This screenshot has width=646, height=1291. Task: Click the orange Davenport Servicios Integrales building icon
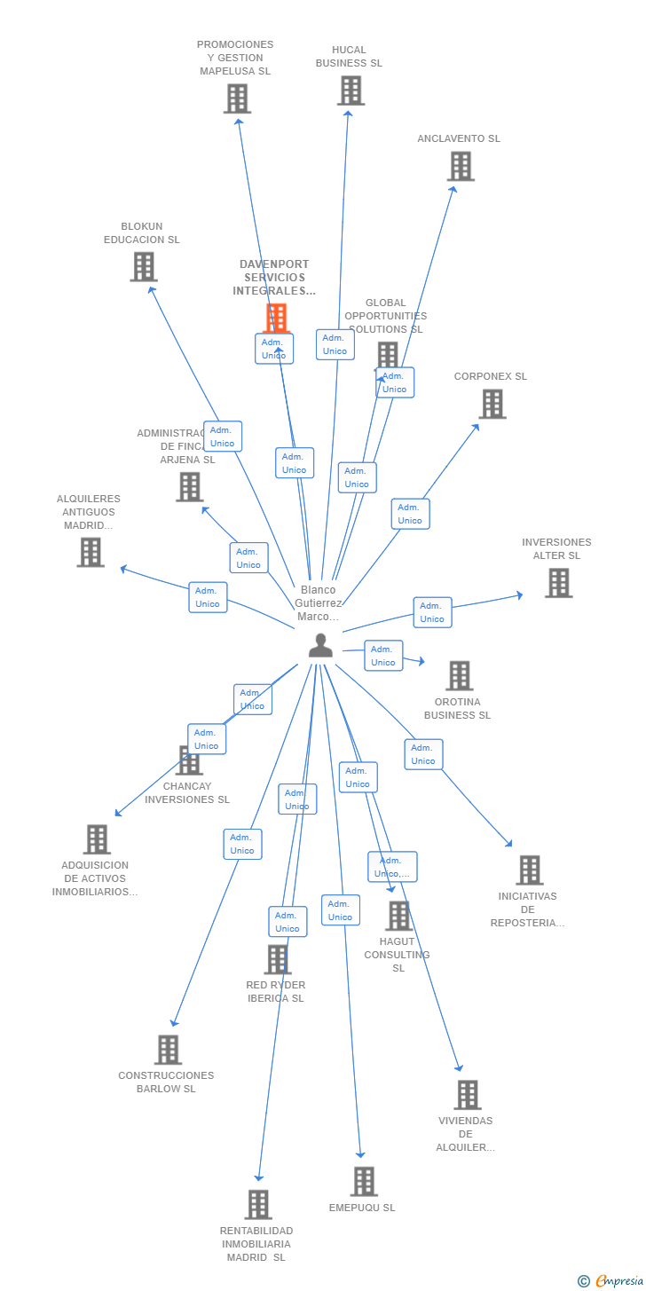pyautogui.click(x=277, y=318)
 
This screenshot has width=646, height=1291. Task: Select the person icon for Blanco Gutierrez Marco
pyautogui.click(x=320, y=646)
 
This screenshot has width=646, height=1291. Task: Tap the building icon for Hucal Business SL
pyautogui.click(x=351, y=91)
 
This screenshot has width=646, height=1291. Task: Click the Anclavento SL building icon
pyautogui.click(x=460, y=166)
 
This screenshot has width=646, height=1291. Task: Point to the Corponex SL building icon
pyautogui.click(x=492, y=404)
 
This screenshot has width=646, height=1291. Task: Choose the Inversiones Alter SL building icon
pyautogui.click(x=558, y=583)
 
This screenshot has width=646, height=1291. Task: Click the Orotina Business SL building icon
pyautogui.click(x=459, y=675)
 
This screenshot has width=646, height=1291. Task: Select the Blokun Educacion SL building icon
pyautogui.click(x=143, y=266)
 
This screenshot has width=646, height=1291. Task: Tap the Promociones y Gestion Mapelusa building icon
pyautogui.click(x=237, y=98)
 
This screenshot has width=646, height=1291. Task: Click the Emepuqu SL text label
pyautogui.click(x=362, y=1208)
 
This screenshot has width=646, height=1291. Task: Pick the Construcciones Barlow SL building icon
pyautogui.click(x=168, y=1050)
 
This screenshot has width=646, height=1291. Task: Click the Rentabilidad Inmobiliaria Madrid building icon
pyautogui.click(x=258, y=1204)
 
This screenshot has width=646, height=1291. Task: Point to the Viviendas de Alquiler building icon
pyautogui.click(x=467, y=1095)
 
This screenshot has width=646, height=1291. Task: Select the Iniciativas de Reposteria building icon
pyautogui.click(x=529, y=870)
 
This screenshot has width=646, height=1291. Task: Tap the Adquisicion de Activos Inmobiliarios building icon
pyautogui.click(x=97, y=839)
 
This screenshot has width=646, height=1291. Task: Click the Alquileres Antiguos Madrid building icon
pyautogui.click(x=90, y=552)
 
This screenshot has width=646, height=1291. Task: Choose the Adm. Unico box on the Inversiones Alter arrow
pyautogui.click(x=432, y=612)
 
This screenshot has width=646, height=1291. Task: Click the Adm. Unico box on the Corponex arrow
pyautogui.click(x=410, y=514)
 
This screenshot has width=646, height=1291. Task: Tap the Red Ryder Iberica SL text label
pyautogui.click(x=275, y=991)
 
